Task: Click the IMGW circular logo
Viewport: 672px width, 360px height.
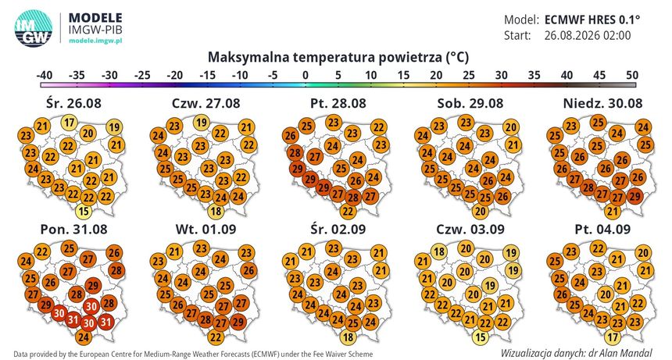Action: pyautogui.click(x=34, y=28)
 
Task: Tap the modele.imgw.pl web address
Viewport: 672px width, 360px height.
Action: pyautogui.click(x=95, y=41)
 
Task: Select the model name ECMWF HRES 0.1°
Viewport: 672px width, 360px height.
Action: pyautogui.click(x=592, y=20)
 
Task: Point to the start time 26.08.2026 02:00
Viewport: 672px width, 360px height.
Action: pyautogui.click(x=588, y=35)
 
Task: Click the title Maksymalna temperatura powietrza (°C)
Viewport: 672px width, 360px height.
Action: pyautogui.click(x=338, y=57)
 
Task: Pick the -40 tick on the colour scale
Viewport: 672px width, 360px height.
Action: pyautogui.click(x=45, y=75)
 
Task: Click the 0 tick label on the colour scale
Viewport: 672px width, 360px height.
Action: pyautogui.click(x=306, y=75)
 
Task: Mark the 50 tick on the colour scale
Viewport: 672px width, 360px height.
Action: pyautogui.click(x=632, y=75)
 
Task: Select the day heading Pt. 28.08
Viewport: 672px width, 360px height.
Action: pyautogui.click(x=338, y=103)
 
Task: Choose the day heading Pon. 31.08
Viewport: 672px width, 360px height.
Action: pyautogui.click(x=73, y=229)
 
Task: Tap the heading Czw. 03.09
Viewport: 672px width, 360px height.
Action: pyautogui.click(x=470, y=229)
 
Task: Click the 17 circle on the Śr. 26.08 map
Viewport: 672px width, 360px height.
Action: pyautogui.click(x=70, y=123)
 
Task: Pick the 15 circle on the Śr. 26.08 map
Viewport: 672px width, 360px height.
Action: pyautogui.click(x=84, y=211)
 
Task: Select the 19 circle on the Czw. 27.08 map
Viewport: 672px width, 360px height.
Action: pyautogui.click(x=202, y=123)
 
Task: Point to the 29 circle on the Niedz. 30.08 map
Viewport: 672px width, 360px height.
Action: pyautogui.click(x=634, y=197)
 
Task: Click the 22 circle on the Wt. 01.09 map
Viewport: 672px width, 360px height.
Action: pyautogui.click(x=216, y=337)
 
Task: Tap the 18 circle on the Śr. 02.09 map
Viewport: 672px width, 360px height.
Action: pyautogui.click(x=348, y=337)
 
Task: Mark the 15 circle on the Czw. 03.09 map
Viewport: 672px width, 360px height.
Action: pyautogui.click(x=481, y=337)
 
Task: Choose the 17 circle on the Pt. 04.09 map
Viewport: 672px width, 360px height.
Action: pyautogui.click(x=613, y=337)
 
